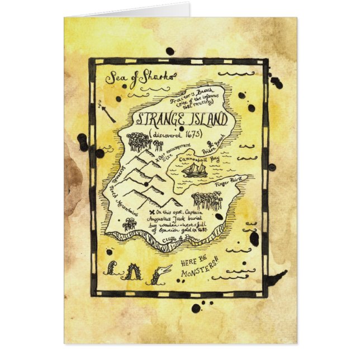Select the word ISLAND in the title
pos(207,120)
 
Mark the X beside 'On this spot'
pos(152,214)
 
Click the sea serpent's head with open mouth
pos(162,273)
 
